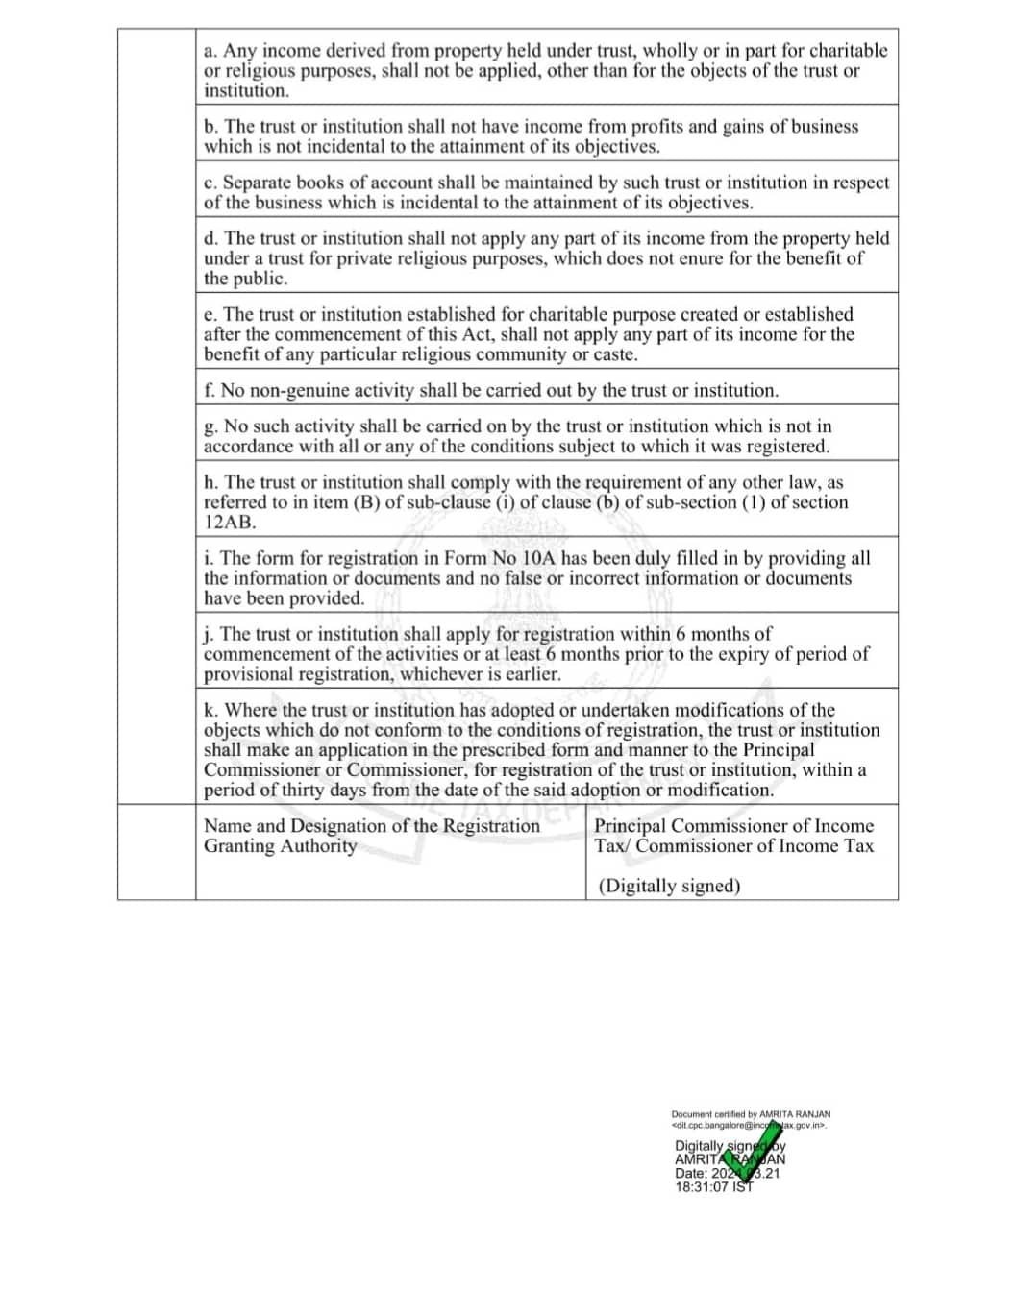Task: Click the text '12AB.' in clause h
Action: point(230,523)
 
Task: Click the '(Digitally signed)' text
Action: point(669,886)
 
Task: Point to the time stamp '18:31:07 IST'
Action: point(714,1187)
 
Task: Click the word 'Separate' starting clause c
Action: point(257,183)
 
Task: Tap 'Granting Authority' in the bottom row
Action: point(280,846)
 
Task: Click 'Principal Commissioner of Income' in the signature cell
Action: point(733,826)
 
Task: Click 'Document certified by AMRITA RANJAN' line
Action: point(751,1114)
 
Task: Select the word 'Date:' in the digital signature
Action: point(692,1174)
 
